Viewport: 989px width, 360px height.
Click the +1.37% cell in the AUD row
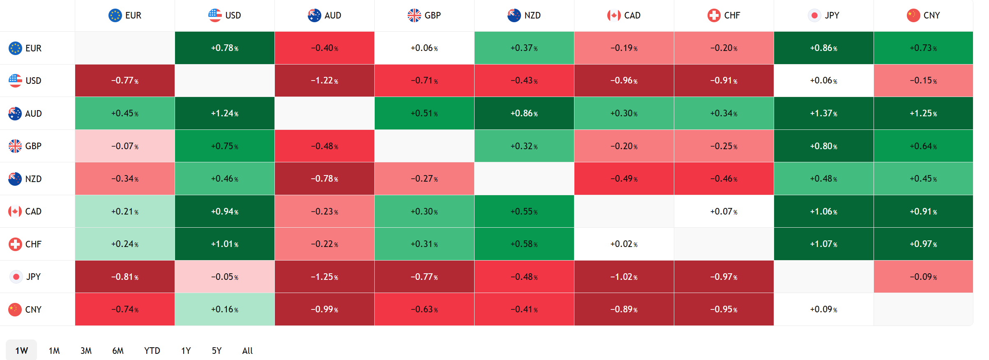pyautogui.click(x=823, y=113)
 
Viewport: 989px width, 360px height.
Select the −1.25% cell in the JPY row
pyautogui.click(x=324, y=277)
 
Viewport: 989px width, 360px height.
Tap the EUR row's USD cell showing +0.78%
pyautogui.click(x=224, y=48)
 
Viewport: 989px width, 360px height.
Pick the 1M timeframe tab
pyautogui.click(x=54, y=351)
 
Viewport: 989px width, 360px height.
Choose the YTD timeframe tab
pyautogui.click(x=152, y=351)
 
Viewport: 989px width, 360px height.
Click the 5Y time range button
pyautogui.click(x=217, y=351)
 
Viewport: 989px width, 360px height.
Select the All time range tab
pyautogui.click(x=247, y=351)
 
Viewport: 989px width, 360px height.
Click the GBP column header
pyautogui.click(x=424, y=16)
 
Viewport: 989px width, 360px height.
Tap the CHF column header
pyautogui.click(x=724, y=16)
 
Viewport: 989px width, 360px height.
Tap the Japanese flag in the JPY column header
pyautogui.click(x=814, y=16)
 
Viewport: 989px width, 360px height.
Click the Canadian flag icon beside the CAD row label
pyautogui.click(x=15, y=211)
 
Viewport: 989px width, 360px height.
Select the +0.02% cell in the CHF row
pyautogui.click(x=624, y=244)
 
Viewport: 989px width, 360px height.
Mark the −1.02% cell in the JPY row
pyautogui.click(x=624, y=277)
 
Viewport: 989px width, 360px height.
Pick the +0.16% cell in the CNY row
pyautogui.click(x=224, y=309)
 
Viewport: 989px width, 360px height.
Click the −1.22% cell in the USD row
pyautogui.click(x=324, y=81)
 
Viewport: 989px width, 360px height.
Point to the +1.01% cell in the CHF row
pyautogui.click(x=224, y=244)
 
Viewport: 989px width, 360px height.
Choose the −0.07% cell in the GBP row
pyautogui.click(x=124, y=146)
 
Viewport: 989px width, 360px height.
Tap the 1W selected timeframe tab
pyautogui.click(x=21, y=351)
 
